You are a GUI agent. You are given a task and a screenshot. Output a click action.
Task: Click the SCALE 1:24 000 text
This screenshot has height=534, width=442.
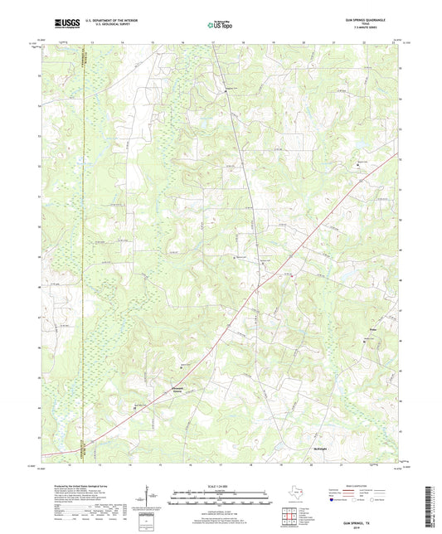[219, 486]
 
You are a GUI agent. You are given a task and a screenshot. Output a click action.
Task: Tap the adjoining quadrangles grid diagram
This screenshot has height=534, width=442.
[289, 516]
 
